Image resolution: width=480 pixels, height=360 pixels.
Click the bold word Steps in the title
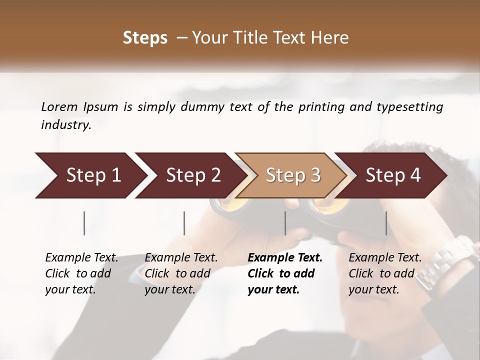[x=145, y=38]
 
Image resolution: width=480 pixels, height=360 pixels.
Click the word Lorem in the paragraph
[x=59, y=107]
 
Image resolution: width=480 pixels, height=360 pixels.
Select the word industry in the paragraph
[x=65, y=125]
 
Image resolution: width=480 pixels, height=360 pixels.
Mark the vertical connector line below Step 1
[x=84, y=223]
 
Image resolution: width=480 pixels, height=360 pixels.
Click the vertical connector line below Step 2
[x=184, y=223]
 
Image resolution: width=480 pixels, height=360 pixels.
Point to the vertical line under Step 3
[x=285, y=223]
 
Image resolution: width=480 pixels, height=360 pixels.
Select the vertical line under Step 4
[x=386, y=223]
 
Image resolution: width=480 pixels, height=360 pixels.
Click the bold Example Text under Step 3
[x=285, y=258]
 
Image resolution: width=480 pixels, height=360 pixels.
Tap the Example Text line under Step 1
[x=81, y=258]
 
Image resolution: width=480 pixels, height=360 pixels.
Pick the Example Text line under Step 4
[x=385, y=258]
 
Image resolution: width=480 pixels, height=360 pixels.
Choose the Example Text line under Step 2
[x=181, y=258]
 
